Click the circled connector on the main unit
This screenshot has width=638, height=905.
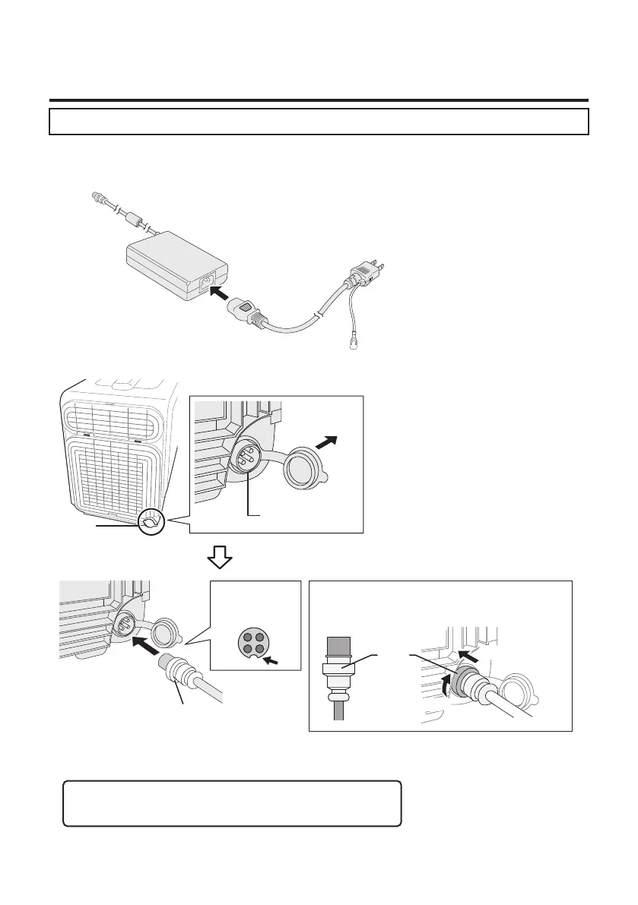click(x=151, y=522)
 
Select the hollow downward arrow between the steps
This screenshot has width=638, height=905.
click(x=221, y=559)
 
